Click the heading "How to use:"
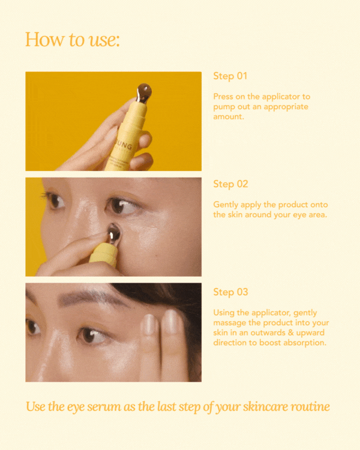(73, 40)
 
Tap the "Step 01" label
(230, 76)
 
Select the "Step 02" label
(230, 184)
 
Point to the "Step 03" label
(230, 292)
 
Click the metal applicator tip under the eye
(113, 233)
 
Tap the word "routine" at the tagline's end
(308, 407)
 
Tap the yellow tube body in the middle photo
(103, 256)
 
